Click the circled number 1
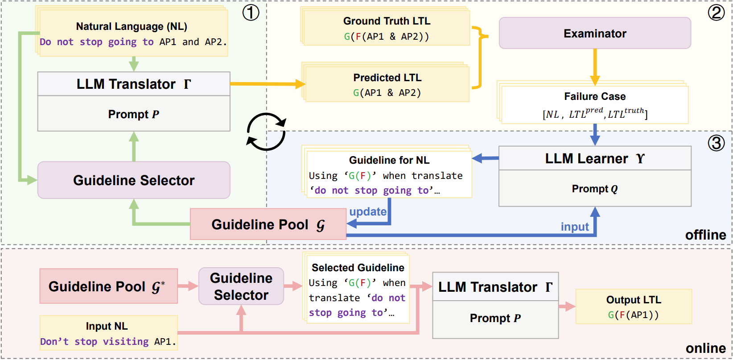point(251,12)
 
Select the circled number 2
point(716,12)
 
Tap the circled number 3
point(716,143)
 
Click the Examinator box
point(595,33)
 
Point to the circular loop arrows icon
point(266,132)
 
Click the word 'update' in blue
point(368,211)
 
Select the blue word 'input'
point(575,227)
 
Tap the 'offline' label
point(705,235)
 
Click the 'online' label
point(706,348)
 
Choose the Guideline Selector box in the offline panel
point(134,180)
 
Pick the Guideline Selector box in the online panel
point(241,286)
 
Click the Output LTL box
point(634,307)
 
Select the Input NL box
point(108,333)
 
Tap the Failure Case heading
point(595,96)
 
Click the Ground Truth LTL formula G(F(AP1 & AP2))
point(387,37)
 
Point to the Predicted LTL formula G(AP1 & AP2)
point(387,93)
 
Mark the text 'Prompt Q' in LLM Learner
point(595,189)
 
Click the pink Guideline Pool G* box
point(108,286)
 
